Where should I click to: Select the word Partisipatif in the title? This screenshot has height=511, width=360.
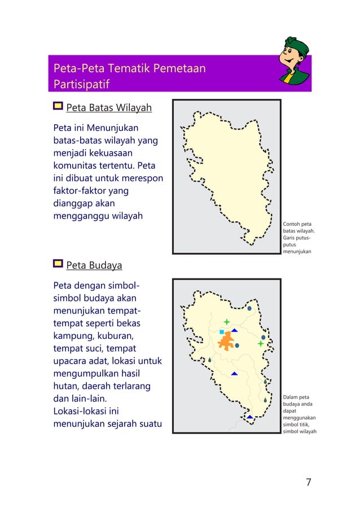[81, 84]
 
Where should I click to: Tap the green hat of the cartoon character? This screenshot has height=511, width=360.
[297, 45]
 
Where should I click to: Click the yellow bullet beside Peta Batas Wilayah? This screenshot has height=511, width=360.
[58, 107]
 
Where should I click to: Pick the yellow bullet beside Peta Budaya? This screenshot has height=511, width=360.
[58, 264]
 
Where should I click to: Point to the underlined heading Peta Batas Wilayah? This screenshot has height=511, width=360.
[109, 107]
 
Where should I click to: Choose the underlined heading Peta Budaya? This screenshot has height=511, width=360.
[94, 265]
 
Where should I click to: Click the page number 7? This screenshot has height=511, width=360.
[308, 482]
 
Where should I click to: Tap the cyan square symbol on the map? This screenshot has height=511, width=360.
[222, 332]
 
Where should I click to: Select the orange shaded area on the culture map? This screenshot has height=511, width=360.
[227, 340]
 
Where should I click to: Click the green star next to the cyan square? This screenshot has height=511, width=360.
[227, 321]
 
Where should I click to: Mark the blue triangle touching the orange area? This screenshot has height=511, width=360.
[234, 330]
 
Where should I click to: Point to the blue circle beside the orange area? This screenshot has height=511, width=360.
[237, 345]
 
